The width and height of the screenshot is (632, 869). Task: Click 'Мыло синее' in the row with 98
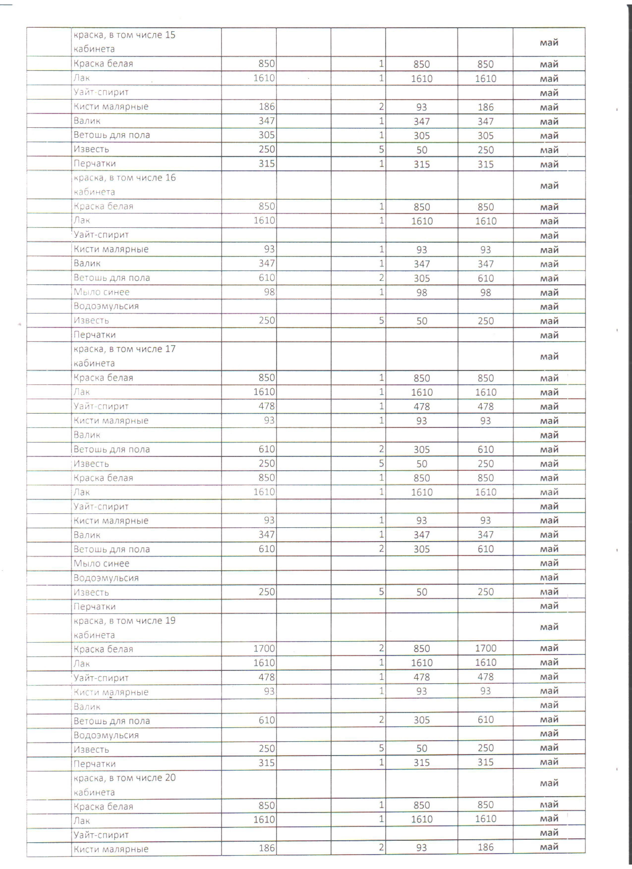pyautogui.click(x=102, y=292)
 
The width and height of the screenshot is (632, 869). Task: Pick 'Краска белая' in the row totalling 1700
pyautogui.click(x=103, y=649)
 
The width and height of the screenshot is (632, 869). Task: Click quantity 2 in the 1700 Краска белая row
pyautogui.click(x=381, y=649)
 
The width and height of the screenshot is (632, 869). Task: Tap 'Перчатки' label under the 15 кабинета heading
pyautogui.click(x=95, y=164)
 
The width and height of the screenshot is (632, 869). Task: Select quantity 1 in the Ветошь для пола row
pyautogui.click(x=381, y=135)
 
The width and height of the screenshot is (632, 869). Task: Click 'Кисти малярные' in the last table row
pyautogui.click(x=111, y=849)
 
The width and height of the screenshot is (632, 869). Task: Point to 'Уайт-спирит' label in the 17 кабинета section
pyautogui.click(x=101, y=406)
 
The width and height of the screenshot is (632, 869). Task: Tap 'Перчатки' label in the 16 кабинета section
pyautogui.click(x=95, y=335)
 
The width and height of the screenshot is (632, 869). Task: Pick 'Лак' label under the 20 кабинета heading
pyautogui.click(x=82, y=821)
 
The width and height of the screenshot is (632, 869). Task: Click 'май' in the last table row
pyautogui.click(x=549, y=848)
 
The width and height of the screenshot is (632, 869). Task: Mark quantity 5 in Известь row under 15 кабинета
pyautogui.click(x=381, y=149)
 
